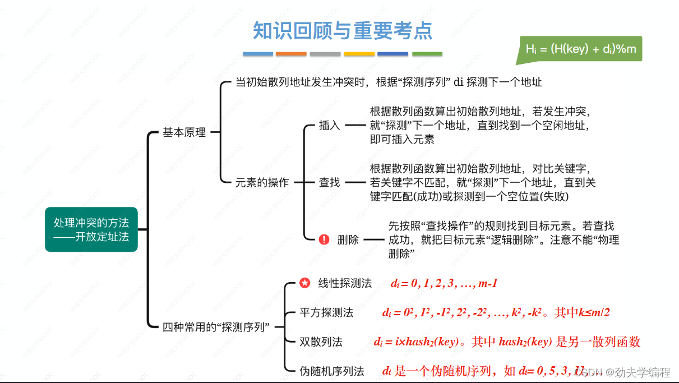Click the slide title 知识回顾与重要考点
[343, 30]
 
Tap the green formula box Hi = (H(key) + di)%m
[580, 49]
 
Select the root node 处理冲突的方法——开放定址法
[91, 229]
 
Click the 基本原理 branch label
[184, 132]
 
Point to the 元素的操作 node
[262, 182]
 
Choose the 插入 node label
[330, 125]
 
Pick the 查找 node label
[330, 182]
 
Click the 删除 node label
[348, 239]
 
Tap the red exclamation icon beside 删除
[324, 239]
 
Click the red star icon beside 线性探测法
[304, 283]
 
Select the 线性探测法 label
[345, 283]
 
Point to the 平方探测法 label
[326, 313]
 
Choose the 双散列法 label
[321, 342]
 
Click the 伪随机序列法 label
[332, 371]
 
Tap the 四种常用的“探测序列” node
[217, 327]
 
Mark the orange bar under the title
[291, 54]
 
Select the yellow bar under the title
[359, 54]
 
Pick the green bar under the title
[427, 54]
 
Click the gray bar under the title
[325, 54]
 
